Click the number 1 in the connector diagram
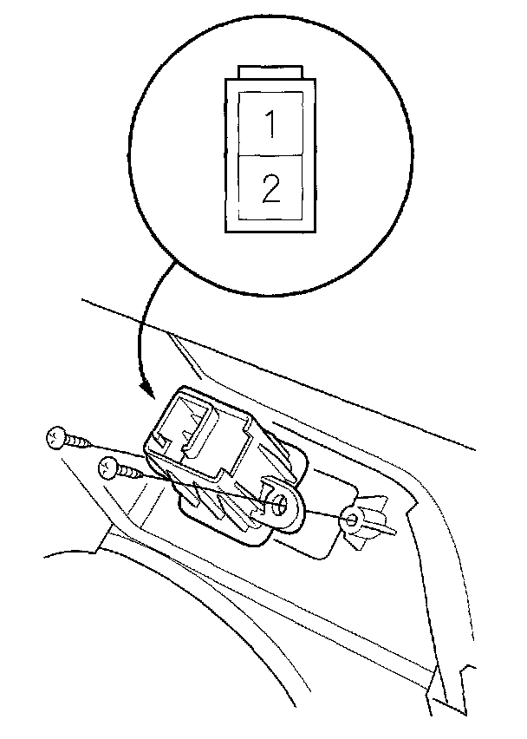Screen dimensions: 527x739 tap(270, 126)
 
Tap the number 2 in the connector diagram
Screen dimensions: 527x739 tap(270, 188)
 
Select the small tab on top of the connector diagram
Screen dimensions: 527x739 tap(270, 71)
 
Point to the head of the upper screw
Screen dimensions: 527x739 tap(55, 437)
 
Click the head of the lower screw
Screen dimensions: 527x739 tap(108, 468)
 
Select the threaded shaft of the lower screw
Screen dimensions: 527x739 tap(133, 474)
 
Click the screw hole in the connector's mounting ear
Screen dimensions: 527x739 tap(283, 509)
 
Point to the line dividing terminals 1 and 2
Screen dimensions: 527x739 tap(270, 156)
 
